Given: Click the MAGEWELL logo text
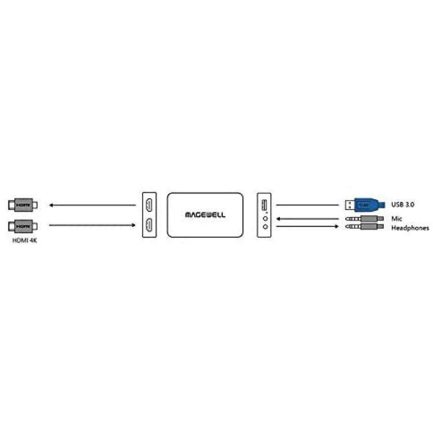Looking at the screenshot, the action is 205,215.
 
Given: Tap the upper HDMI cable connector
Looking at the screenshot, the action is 23,205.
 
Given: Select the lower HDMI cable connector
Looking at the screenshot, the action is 23,226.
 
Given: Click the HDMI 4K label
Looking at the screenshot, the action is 25,240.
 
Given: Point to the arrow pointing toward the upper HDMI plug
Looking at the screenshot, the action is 92,205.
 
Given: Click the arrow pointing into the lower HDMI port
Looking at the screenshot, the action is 92,225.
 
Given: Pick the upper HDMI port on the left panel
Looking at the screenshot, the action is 149,205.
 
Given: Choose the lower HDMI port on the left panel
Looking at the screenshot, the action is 149,225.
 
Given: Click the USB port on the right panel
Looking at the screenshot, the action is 264,205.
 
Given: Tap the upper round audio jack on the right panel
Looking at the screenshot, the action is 266,218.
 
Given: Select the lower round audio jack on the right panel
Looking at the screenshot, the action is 266,227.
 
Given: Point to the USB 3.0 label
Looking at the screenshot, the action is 402,204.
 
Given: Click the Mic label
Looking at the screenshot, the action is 397,219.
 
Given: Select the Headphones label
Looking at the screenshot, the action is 410,228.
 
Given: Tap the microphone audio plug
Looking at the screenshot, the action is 364,219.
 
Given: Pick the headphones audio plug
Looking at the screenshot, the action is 364,227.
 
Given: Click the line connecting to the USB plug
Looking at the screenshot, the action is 307,205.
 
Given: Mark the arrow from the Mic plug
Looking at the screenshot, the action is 307,219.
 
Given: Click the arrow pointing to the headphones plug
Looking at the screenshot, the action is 307,226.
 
